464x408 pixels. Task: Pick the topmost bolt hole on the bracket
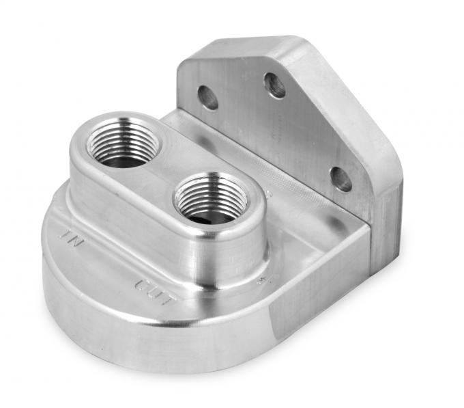click(x=274, y=85)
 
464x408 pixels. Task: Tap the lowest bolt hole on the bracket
click(x=340, y=179)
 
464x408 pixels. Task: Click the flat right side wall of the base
click(x=314, y=294)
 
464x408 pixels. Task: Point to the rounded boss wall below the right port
click(x=225, y=253)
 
